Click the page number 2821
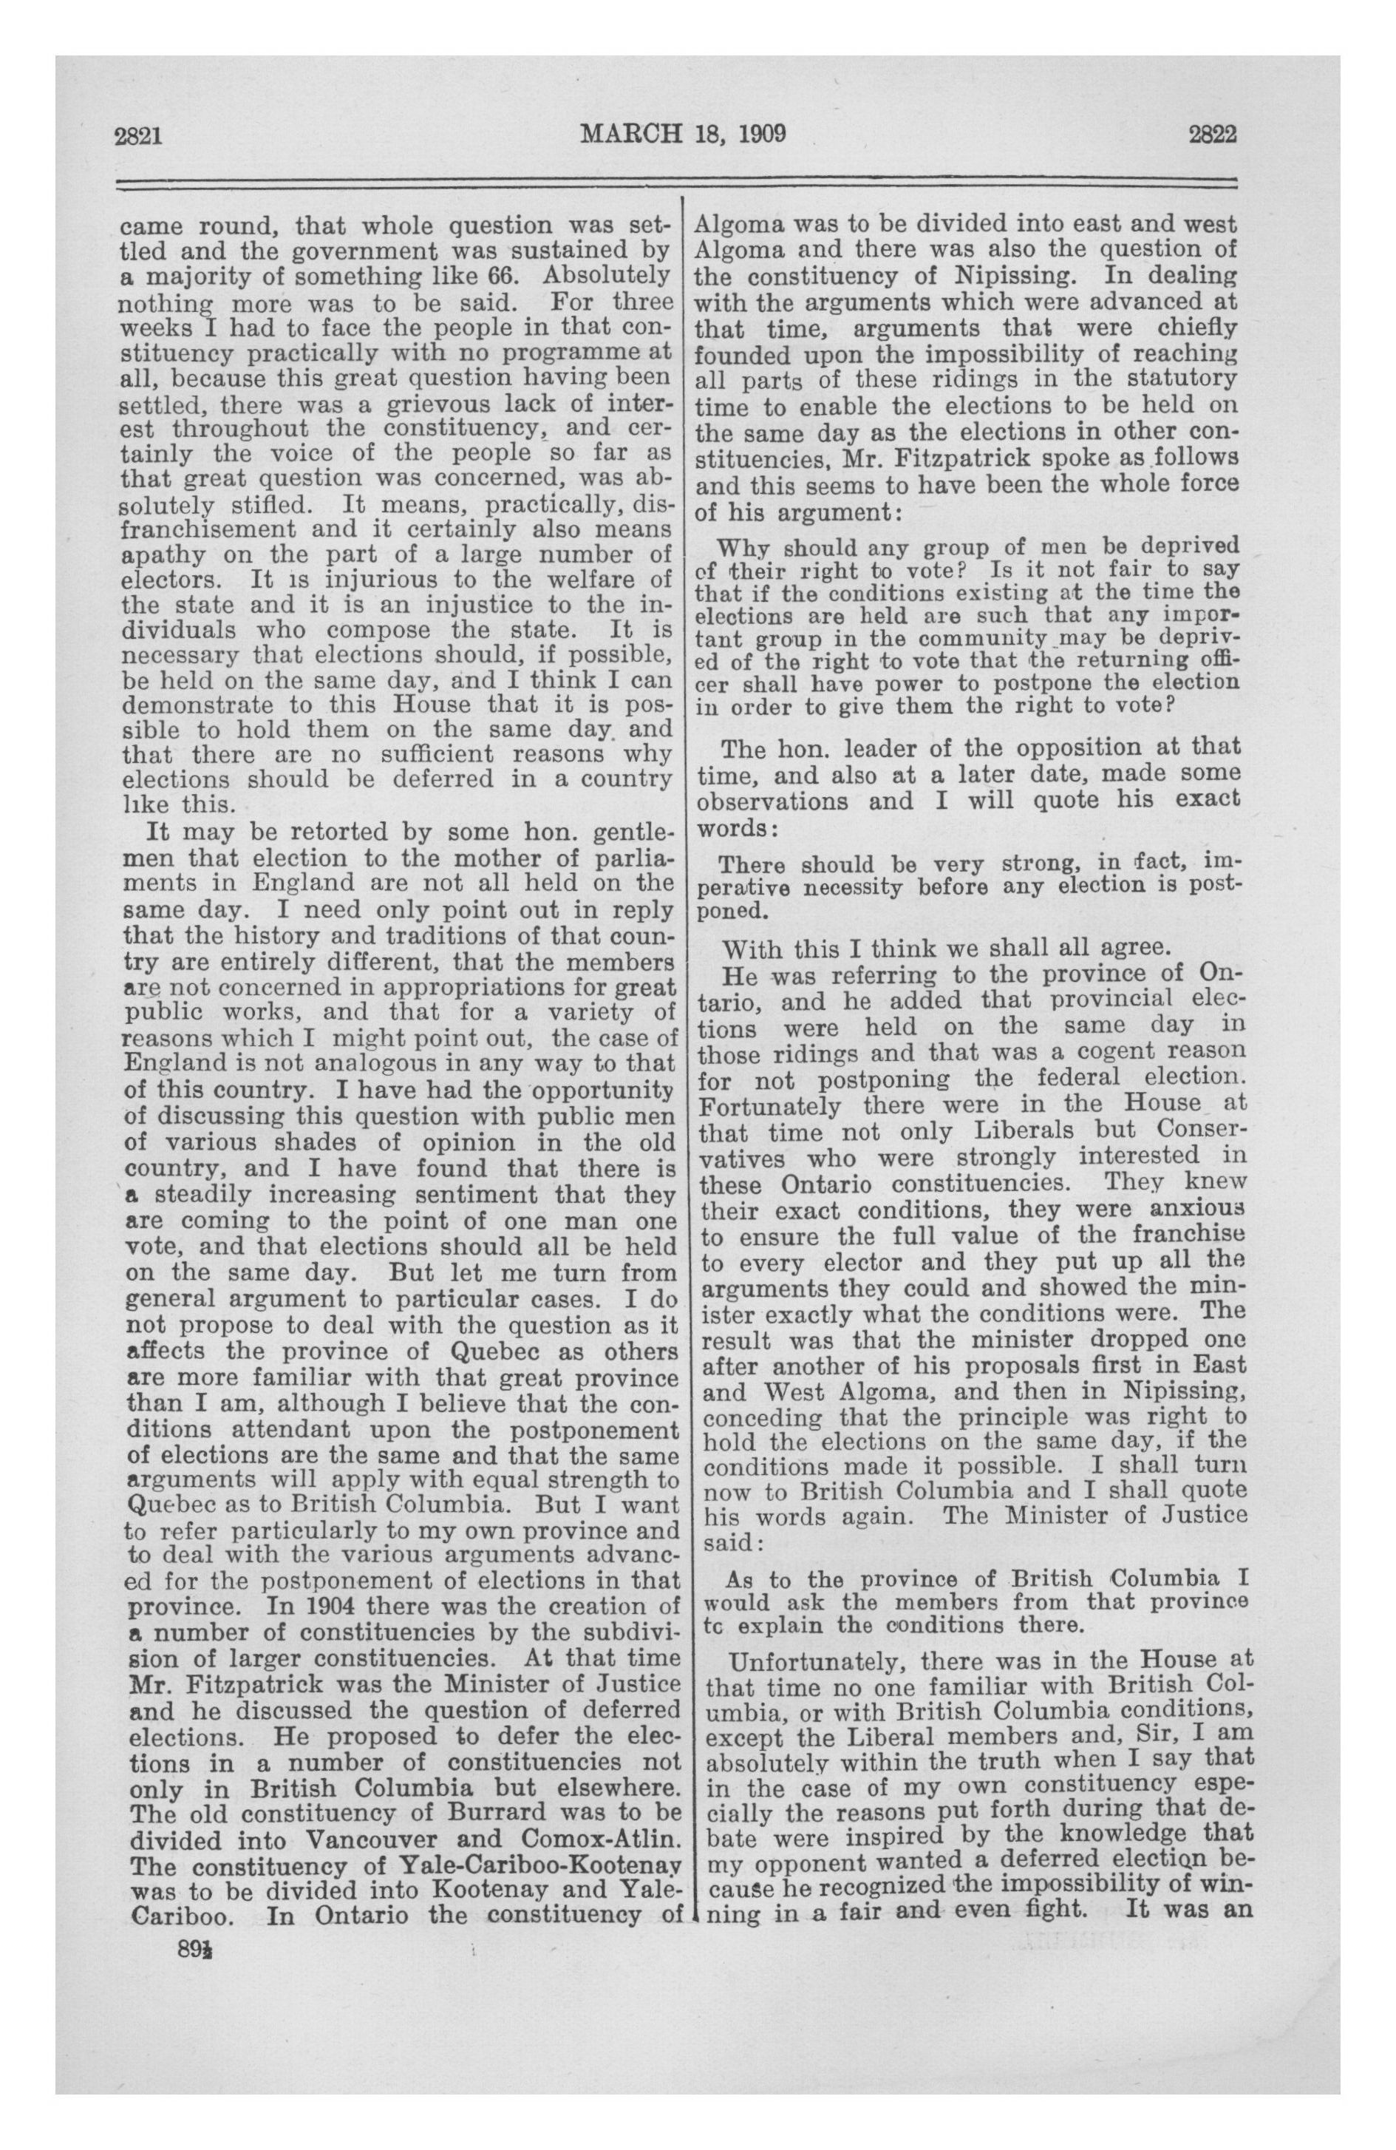tap(138, 135)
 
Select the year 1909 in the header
tap(762, 135)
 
